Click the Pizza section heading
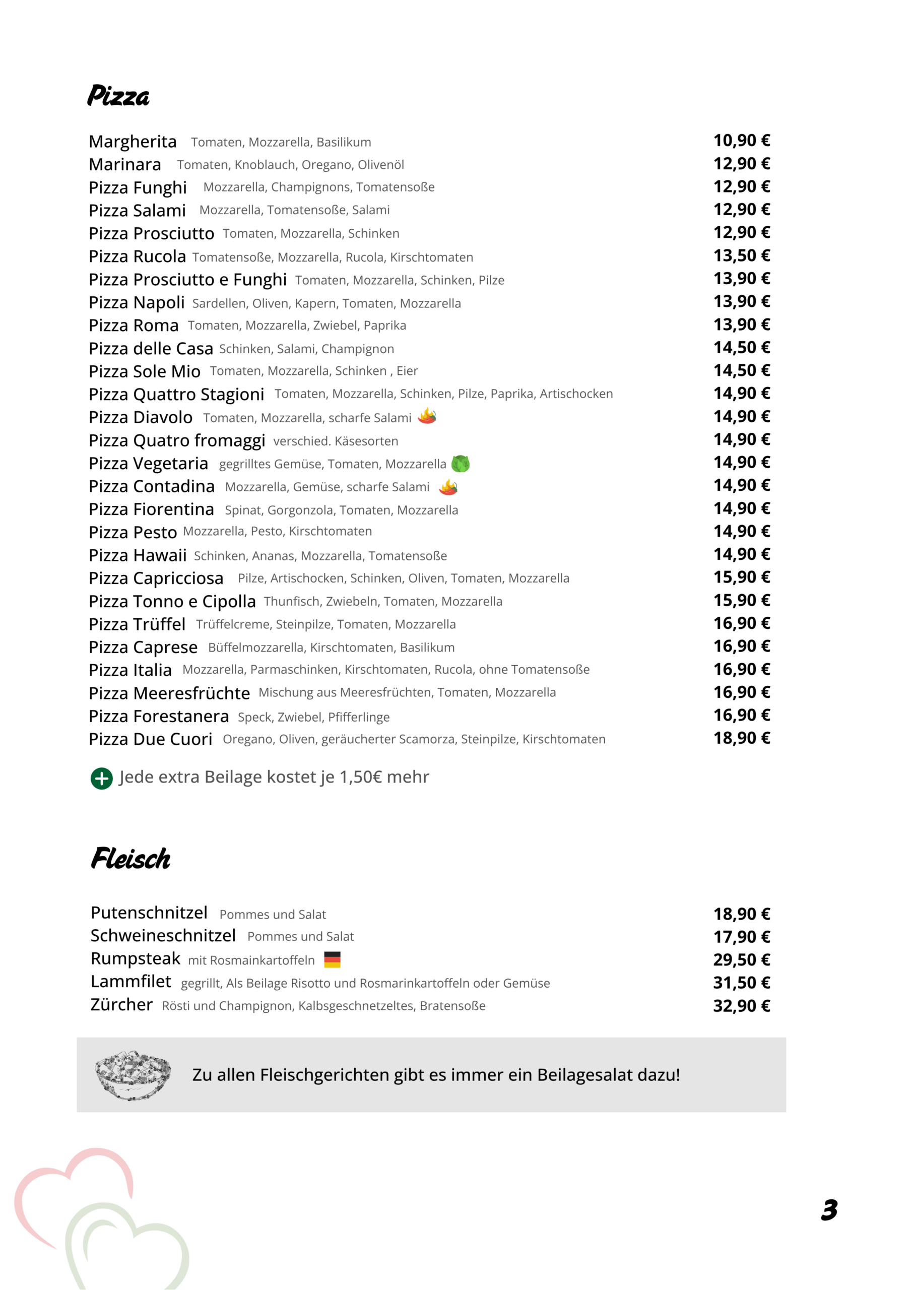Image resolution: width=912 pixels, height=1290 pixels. (118, 96)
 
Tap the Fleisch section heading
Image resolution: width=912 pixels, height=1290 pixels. (131, 859)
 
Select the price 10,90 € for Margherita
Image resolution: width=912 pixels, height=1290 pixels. (741, 141)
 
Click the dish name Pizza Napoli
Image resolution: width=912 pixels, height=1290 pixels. (137, 302)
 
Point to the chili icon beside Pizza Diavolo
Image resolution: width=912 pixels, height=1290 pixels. (427, 416)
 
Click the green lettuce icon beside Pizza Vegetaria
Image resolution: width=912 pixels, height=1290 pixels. (460, 464)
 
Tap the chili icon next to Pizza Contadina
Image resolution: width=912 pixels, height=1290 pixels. (448, 487)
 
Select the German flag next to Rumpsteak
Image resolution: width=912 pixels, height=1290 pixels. (332, 959)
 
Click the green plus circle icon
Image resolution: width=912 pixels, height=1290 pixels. (102, 778)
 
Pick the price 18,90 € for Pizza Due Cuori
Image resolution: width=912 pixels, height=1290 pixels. (741, 738)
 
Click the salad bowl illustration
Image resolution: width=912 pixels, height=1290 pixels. (133, 1074)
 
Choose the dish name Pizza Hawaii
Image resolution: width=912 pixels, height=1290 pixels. (138, 555)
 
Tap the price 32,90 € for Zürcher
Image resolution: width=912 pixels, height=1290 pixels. (741, 1006)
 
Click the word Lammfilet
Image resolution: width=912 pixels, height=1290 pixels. (131, 982)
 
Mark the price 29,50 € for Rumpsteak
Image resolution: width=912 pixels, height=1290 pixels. (741, 959)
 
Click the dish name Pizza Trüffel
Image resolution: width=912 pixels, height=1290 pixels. (137, 624)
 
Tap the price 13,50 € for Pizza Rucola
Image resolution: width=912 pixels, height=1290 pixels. (741, 255)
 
